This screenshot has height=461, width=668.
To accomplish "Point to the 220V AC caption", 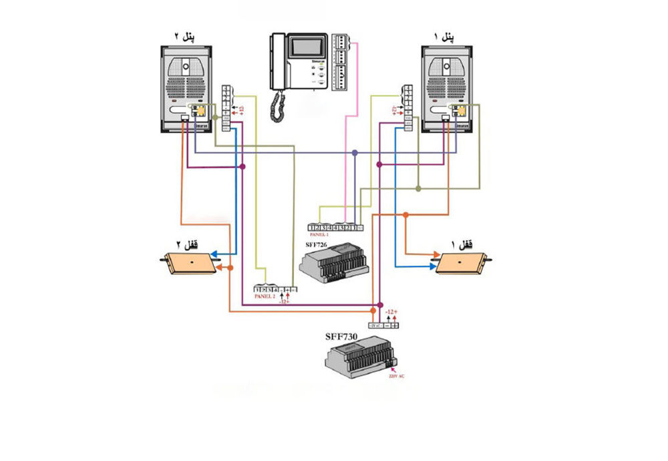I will coord(397,376).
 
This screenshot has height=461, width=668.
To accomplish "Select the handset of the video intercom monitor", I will coord(276,61).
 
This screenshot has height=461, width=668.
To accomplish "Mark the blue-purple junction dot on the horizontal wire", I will coord(355,153).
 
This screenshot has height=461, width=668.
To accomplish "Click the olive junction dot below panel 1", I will coord(418,189).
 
